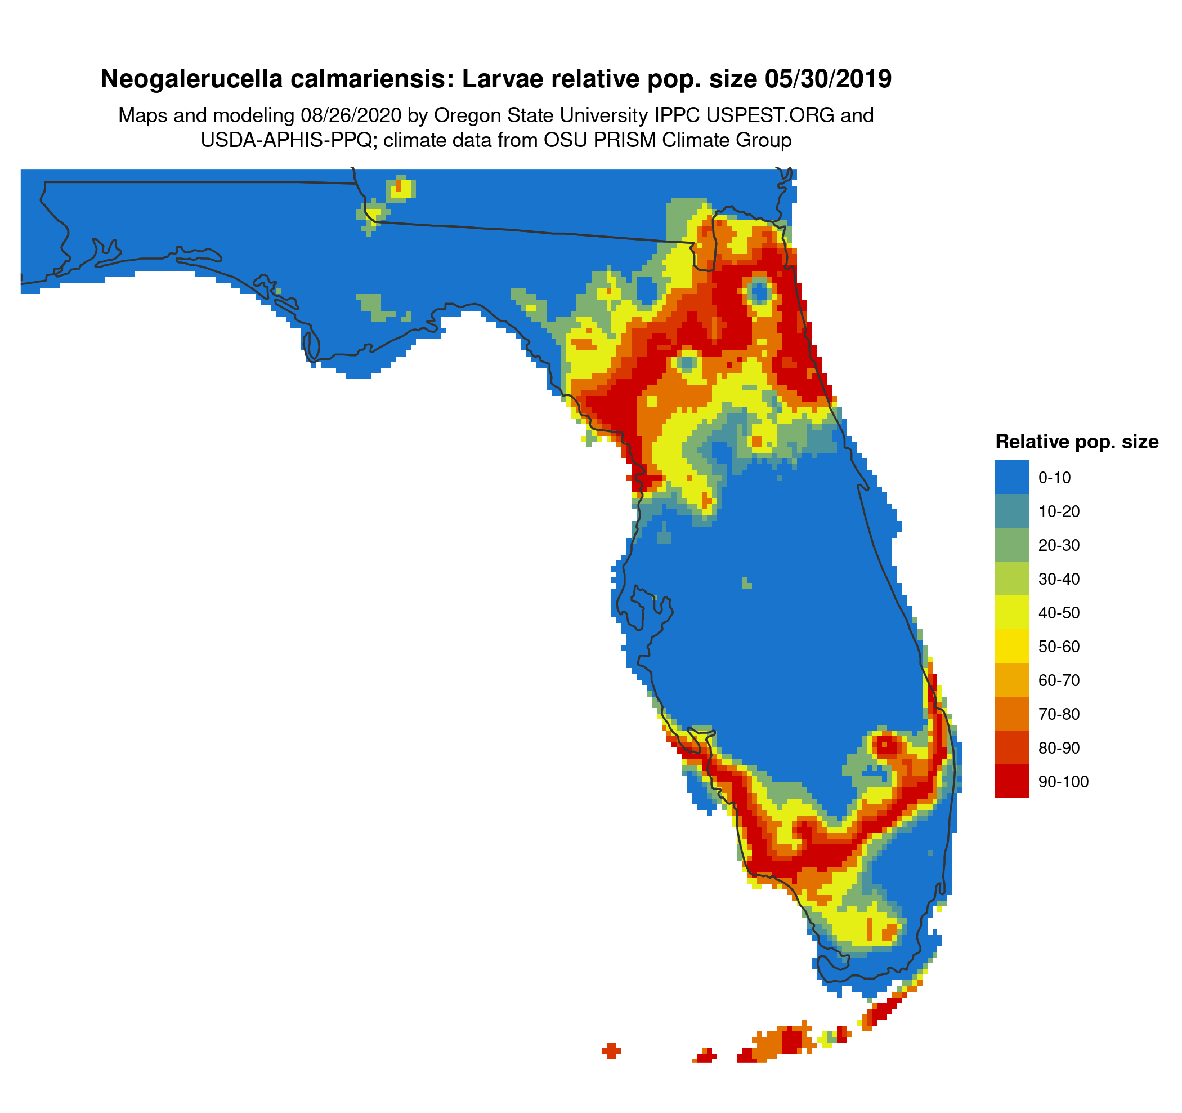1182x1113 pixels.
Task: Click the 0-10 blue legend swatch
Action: tap(1011, 477)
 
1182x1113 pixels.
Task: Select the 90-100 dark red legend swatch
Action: tap(1011, 781)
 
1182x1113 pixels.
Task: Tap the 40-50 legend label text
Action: tap(1059, 613)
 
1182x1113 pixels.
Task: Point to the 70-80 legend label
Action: tap(1059, 714)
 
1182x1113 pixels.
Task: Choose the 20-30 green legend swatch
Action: tap(1011, 545)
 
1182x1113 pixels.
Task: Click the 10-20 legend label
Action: tap(1059, 511)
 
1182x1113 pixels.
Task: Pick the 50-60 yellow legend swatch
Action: tap(1011, 646)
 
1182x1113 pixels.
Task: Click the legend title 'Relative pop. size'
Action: tap(1077, 442)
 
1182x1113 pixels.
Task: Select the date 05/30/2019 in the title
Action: tap(828, 79)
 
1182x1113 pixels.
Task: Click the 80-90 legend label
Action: tap(1059, 748)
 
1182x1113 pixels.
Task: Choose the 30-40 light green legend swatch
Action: tap(1011, 579)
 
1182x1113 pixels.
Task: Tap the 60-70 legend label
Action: tap(1059, 680)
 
